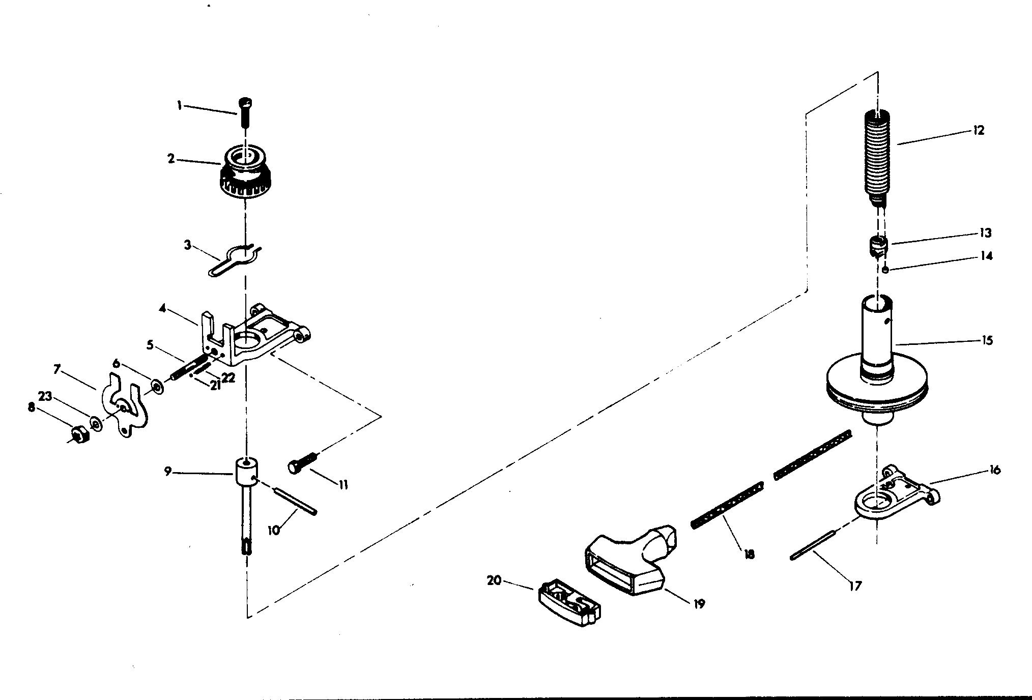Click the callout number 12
(978, 130)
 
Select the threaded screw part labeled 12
(877, 158)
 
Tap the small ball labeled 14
(885, 270)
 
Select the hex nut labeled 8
(79, 435)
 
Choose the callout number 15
(987, 340)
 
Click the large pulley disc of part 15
(877, 387)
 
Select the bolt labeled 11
(303, 463)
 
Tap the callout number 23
(45, 396)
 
